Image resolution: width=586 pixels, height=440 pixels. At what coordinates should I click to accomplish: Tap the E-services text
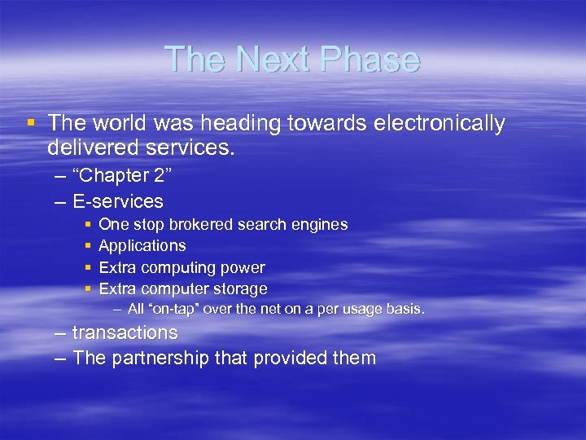[x=118, y=201]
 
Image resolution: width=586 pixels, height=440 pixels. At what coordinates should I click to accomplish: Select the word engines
[x=320, y=224]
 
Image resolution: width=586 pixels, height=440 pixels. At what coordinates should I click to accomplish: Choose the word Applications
[x=142, y=246]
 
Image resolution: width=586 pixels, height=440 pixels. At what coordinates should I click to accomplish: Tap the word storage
[x=240, y=288]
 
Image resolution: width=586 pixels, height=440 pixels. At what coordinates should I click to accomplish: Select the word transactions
[x=125, y=332]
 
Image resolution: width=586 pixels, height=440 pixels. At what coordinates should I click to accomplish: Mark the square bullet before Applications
[x=87, y=245]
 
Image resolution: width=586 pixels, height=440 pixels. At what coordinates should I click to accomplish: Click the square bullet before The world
[x=31, y=123]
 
